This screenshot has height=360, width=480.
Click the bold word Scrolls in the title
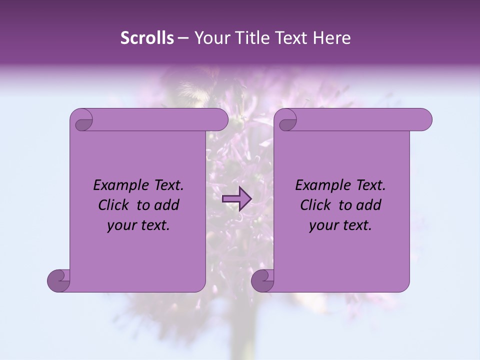pyautogui.click(x=147, y=38)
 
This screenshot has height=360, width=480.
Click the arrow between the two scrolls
pyautogui.click(x=237, y=199)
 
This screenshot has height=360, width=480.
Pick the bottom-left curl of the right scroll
pyautogui.click(x=262, y=279)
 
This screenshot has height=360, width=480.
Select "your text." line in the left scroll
pyautogui.click(x=138, y=225)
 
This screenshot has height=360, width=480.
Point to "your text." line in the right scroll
pyautogui.click(x=340, y=225)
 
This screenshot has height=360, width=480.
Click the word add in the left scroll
pyautogui.click(x=166, y=205)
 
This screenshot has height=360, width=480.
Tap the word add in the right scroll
pyautogui.click(x=368, y=205)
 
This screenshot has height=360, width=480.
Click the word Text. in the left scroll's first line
pyautogui.click(x=166, y=185)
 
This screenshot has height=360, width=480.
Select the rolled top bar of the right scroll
pyautogui.click(x=360, y=119)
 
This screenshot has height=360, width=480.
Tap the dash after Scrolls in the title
pyautogui.click(x=183, y=38)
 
